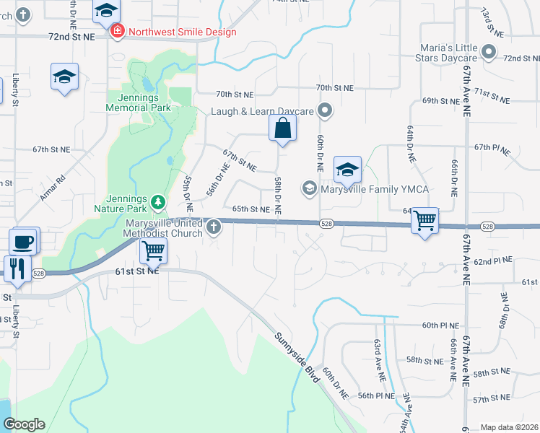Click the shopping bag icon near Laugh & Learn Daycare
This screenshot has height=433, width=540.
pyautogui.click(x=282, y=128)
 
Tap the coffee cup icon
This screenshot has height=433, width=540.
pyautogui.click(x=24, y=241)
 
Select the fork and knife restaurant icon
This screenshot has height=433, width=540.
pyautogui.click(x=16, y=268)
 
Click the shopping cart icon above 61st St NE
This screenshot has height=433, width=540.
pyautogui.click(x=153, y=251)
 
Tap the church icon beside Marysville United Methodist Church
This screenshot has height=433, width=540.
pyautogui.click(x=213, y=228)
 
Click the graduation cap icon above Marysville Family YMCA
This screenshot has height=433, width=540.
pyautogui.click(x=347, y=170)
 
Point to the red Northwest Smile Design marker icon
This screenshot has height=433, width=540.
pyautogui.click(x=116, y=32)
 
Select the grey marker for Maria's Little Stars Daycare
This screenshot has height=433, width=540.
pyautogui.click(x=488, y=51)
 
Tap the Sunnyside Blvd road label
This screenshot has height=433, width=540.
pyautogui.click(x=296, y=353)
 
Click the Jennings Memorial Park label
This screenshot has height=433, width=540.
pyautogui.click(x=138, y=102)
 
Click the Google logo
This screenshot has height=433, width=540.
pyautogui.click(x=24, y=424)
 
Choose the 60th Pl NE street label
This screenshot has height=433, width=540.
pyautogui.click(x=440, y=325)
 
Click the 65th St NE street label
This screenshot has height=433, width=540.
pyautogui.click(x=251, y=209)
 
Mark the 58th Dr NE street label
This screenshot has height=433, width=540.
pyautogui.click(x=278, y=193)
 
